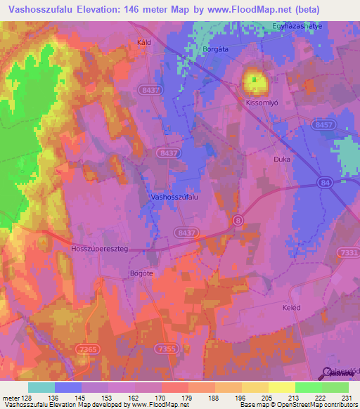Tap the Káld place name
coord(145,42)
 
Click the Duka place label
coord(282,160)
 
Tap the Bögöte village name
coord(142,273)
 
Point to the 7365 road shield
coord(90,349)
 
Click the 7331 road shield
coord(349,252)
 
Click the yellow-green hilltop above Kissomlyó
coord(255,82)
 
